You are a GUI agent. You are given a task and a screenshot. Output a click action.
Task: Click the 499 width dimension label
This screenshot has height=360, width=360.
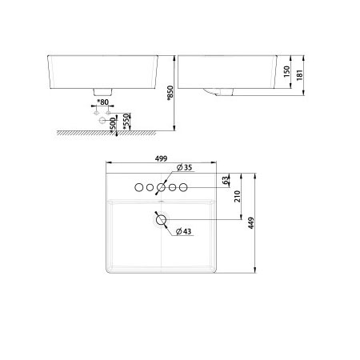click(160, 159)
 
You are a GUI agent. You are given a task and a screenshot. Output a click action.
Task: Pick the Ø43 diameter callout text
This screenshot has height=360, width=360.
click(183, 232)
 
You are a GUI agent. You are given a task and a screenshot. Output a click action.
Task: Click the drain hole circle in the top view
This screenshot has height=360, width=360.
click(160, 218)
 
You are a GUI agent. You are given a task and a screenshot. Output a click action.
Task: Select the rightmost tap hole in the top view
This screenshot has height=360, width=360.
click(183, 187)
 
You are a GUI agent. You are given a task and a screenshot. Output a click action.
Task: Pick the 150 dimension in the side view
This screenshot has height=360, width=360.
click(286, 71)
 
